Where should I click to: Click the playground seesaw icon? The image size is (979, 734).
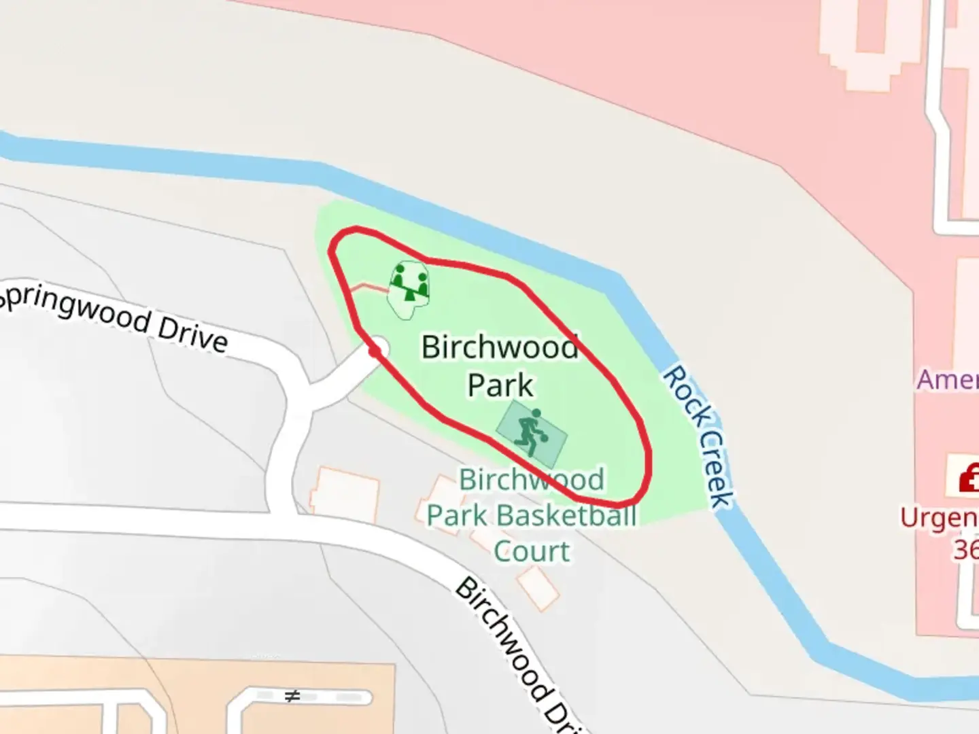tap(409, 283)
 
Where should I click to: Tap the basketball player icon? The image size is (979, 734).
tap(530, 433)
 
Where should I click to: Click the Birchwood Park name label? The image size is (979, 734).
tap(500, 366)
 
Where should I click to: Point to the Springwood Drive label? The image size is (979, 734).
tap(113, 318)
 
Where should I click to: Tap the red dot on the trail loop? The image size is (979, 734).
tap(373, 351)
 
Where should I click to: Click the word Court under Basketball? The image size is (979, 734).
tap(532, 551)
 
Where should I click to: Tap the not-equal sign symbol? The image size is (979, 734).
tap(292, 696)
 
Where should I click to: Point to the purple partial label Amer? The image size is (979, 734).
tap(948, 379)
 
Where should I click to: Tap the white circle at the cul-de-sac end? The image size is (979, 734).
tap(379, 348)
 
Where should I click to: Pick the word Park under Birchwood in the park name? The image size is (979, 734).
tap(500, 385)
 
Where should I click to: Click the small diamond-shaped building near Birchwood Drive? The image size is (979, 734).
tap(537, 588)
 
